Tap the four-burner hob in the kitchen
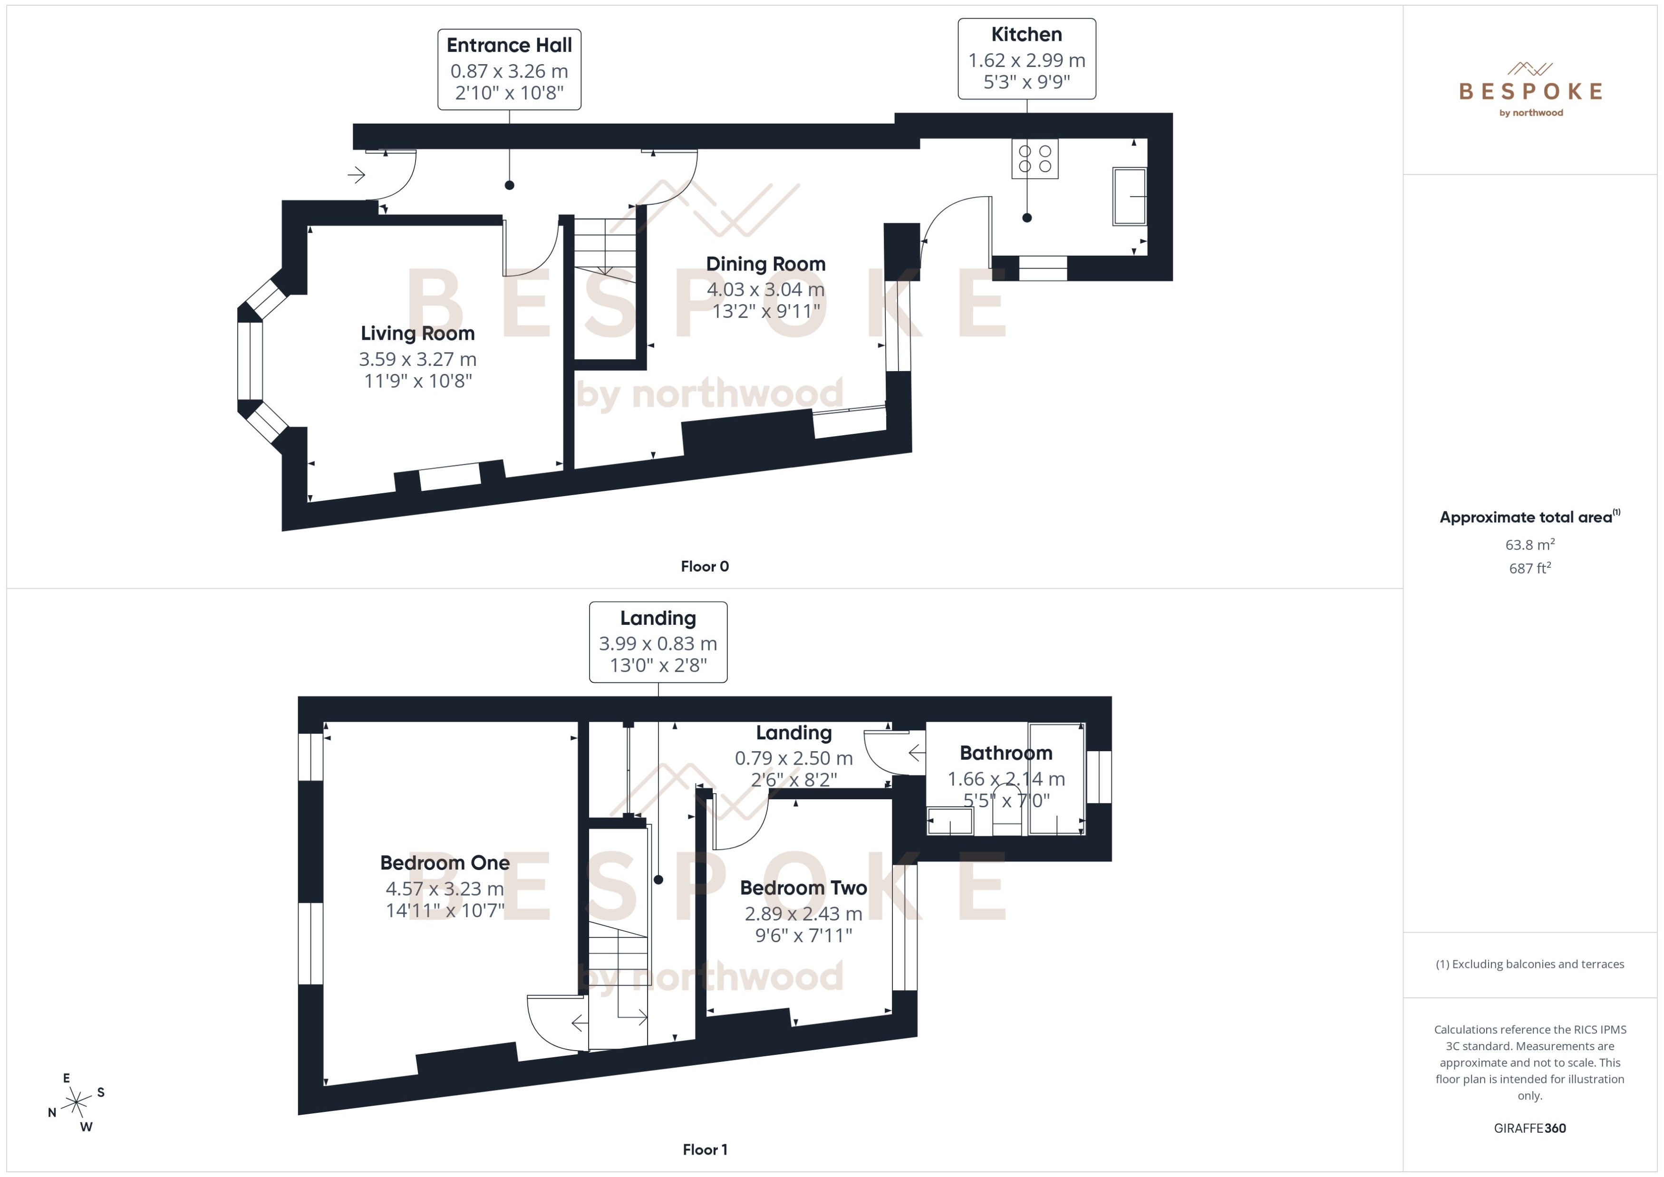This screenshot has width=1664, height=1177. [x=1035, y=159]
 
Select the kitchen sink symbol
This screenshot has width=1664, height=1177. [x=1129, y=196]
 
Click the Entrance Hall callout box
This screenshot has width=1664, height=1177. [x=509, y=69]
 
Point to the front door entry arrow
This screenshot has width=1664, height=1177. [x=356, y=175]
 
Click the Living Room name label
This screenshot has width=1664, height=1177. [x=417, y=334]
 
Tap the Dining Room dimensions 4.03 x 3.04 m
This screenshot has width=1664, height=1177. [x=765, y=290]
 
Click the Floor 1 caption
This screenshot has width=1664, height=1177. [x=704, y=1149]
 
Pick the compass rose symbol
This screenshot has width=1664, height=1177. [x=76, y=1103]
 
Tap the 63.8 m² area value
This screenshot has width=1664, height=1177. [x=1529, y=544]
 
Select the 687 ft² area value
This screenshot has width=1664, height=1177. [x=1529, y=568]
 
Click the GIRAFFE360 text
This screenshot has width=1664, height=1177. [x=1529, y=1129]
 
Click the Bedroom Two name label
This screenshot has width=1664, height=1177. [x=803, y=888]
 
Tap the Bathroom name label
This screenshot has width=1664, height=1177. [x=1006, y=753]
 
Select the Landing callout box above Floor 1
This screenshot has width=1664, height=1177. [x=658, y=641]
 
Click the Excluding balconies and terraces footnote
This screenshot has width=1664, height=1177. [x=1529, y=964]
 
